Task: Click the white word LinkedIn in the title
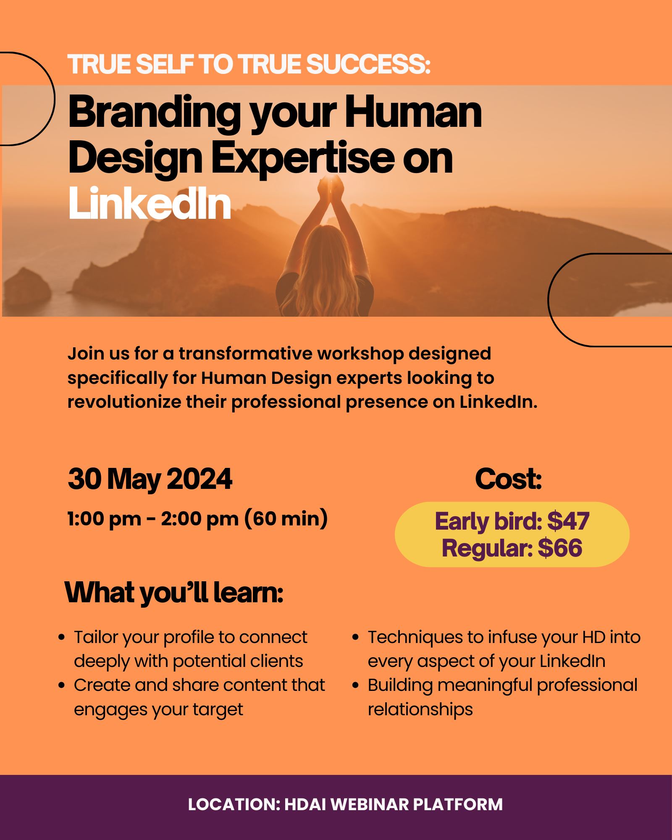click(150, 204)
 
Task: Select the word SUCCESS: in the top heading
click(368, 64)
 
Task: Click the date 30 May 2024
click(150, 480)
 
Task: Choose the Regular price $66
click(560, 548)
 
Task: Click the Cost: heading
click(508, 479)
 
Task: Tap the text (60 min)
click(286, 519)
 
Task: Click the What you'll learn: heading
click(174, 593)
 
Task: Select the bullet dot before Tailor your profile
click(62, 637)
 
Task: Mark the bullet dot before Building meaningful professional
click(356, 685)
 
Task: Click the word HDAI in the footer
click(305, 805)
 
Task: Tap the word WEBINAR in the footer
click(370, 805)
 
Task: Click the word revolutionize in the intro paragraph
click(124, 402)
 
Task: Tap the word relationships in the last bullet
click(420, 709)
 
